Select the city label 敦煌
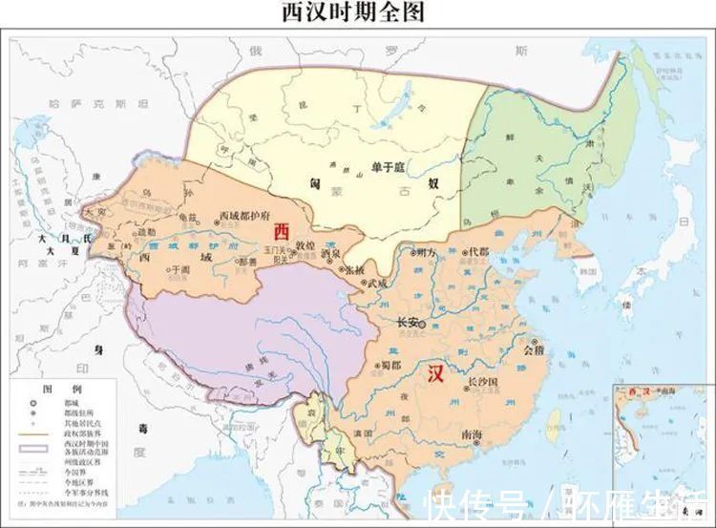tap(305, 245)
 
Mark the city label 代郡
tap(478, 252)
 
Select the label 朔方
tap(427, 252)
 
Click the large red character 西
tap(281, 231)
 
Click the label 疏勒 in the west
tap(146, 232)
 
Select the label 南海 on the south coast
tap(472, 434)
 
